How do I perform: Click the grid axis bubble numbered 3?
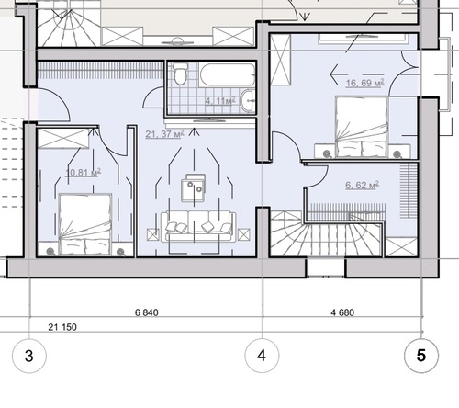[29, 356]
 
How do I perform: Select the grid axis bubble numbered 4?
[262, 356]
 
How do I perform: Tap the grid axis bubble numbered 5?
[421, 356]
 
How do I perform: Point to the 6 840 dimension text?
[147, 312]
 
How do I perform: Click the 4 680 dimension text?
[342, 312]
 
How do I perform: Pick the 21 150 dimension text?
[62, 327]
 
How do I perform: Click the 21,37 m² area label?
[164, 134]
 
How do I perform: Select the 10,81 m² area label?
[84, 173]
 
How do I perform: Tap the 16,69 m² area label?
[364, 83]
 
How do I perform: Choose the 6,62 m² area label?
[363, 186]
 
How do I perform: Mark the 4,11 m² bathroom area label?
[220, 101]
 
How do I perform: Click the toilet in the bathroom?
[180, 74]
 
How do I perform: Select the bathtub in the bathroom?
[227, 74]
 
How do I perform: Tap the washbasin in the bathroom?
[248, 99]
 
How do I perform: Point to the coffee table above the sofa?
[194, 188]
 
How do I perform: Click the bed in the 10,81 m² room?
[85, 224]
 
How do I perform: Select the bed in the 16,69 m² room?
[362, 127]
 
